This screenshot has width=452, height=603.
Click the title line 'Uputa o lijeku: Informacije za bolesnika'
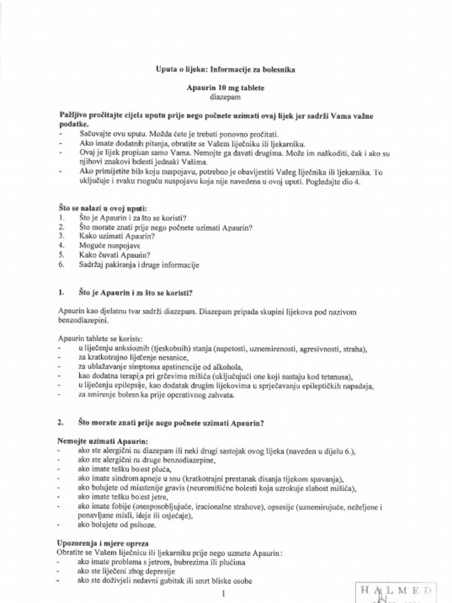click(225, 69)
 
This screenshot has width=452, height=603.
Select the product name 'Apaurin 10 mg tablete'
click(225, 88)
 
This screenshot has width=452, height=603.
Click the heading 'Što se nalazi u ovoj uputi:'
click(102, 208)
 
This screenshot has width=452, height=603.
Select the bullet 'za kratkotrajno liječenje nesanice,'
click(134, 358)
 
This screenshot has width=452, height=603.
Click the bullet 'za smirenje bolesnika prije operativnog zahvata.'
click(156, 395)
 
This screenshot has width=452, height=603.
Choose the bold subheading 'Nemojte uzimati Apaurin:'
click(102, 441)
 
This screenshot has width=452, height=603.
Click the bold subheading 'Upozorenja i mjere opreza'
click(102, 543)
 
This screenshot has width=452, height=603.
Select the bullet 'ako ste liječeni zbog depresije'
click(127, 572)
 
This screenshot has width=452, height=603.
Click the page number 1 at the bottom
click(224, 593)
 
